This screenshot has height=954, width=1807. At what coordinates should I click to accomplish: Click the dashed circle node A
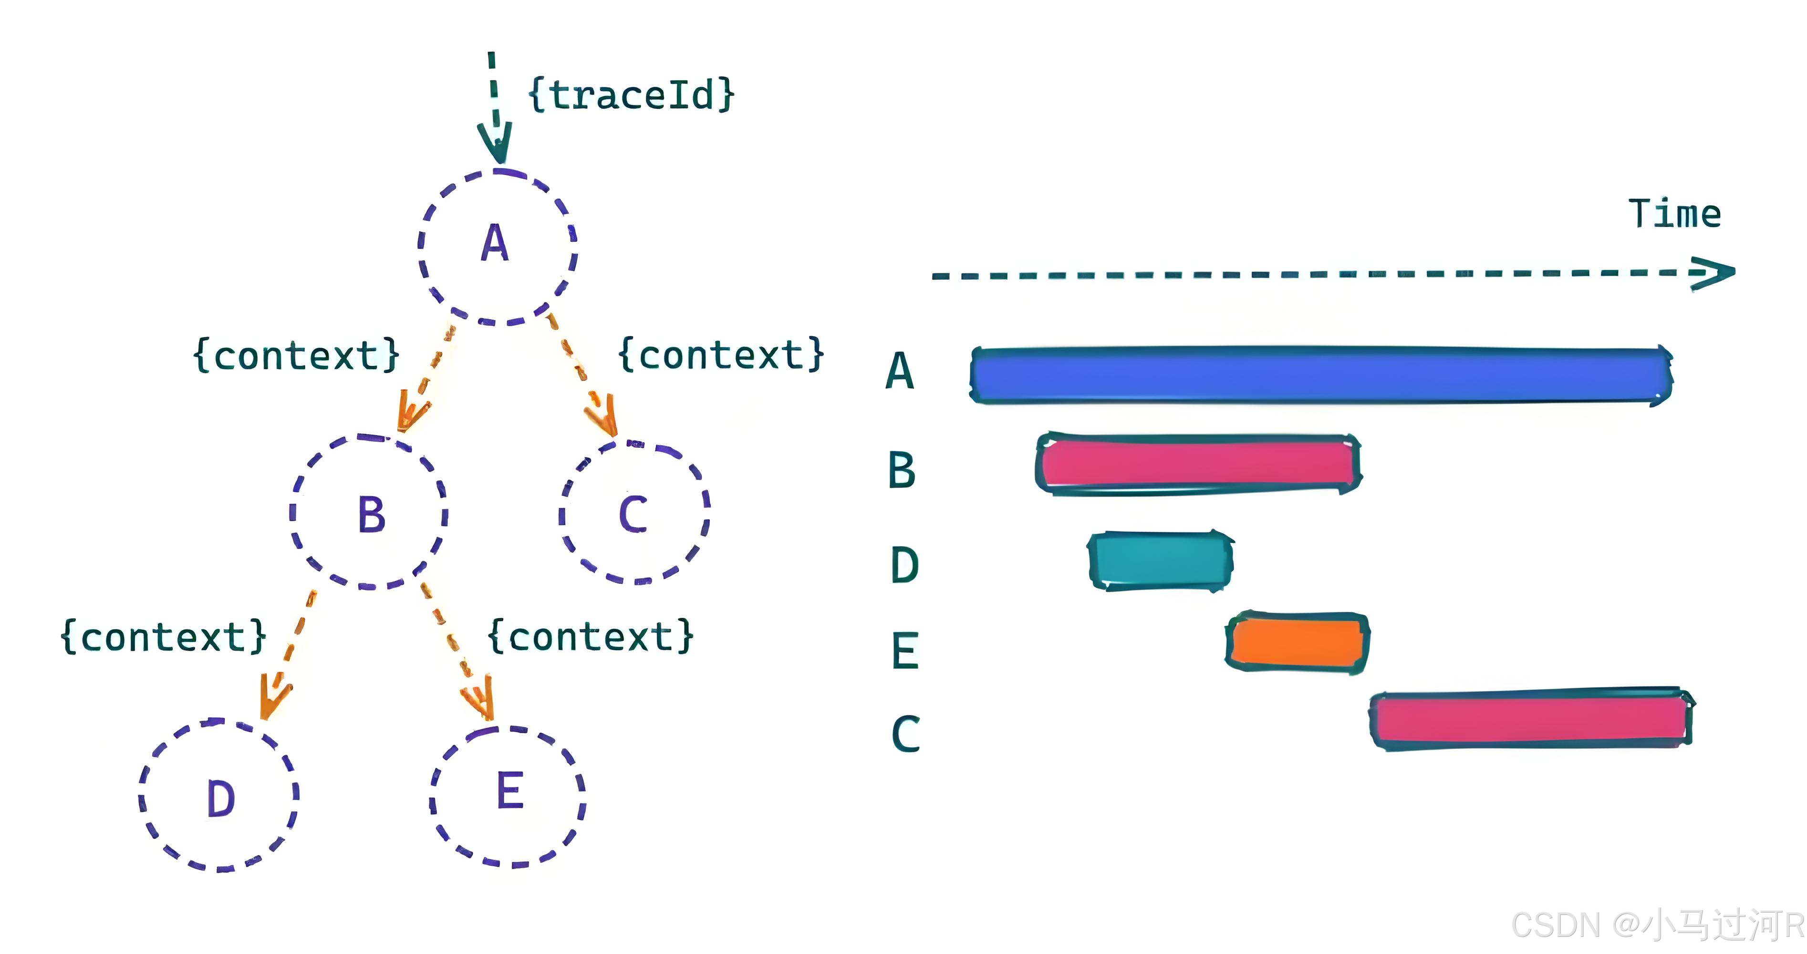coord(497,246)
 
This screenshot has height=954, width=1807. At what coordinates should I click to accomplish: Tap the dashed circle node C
coord(634,513)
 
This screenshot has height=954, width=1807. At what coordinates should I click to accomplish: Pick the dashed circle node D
coord(219,796)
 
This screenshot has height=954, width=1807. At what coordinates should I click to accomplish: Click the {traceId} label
coord(631,95)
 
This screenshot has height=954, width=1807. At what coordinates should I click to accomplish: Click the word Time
coord(1674,214)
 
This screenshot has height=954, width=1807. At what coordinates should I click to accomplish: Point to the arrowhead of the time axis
coord(1715,273)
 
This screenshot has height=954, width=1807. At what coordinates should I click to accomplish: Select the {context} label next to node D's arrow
coord(164,637)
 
